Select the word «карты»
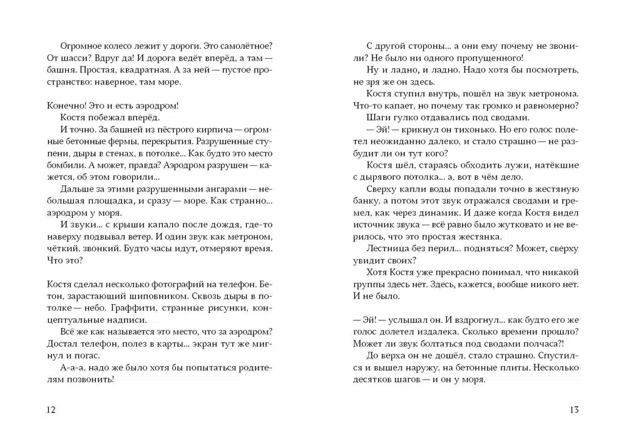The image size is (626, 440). tap(159, 344)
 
